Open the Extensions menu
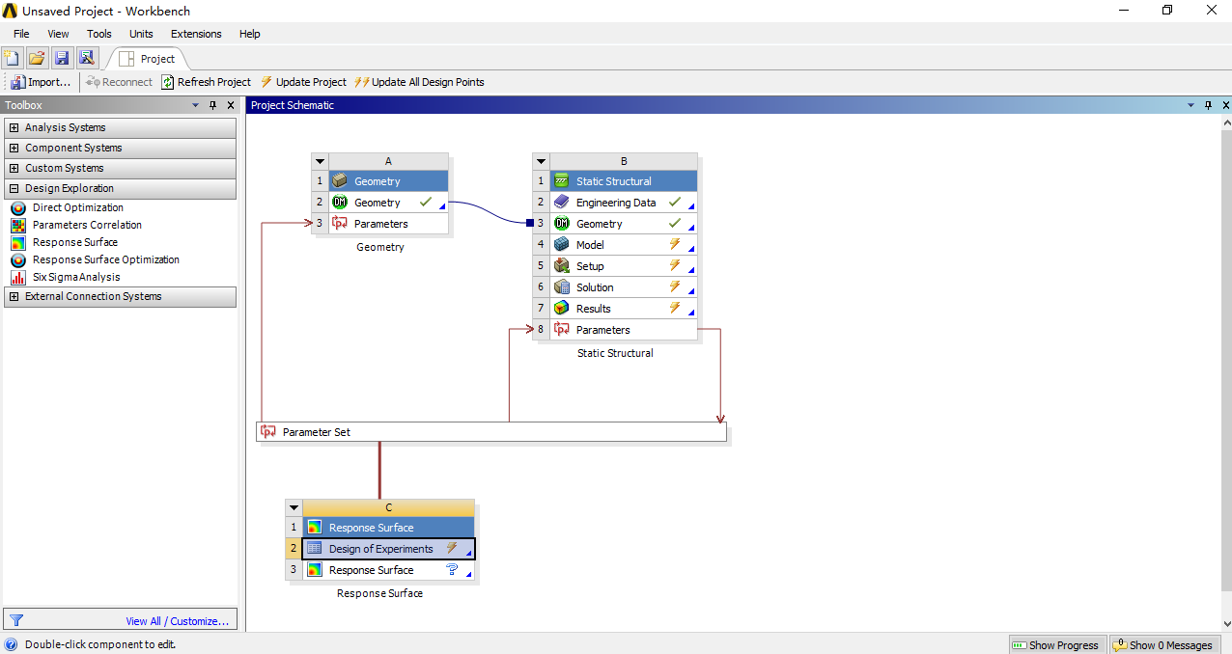[x=196, y=34]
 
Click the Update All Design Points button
[x=419, y=82]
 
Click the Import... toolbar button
[x=41, y=82]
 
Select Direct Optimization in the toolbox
[x=77, y=207]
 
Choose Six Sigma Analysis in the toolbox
[x=76, y=277]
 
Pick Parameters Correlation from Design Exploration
[x=87, y=225]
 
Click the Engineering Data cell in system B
[x=615, y=203]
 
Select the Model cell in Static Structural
[x=590, y=245]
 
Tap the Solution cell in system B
[x=595, y=287]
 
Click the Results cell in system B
[x=593, y=309]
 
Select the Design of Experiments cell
[x=380, y=549]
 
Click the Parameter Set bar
[x=490, y=432]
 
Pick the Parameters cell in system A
[x=380, y=224]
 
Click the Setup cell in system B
[x=590, y=266]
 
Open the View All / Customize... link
[x=177, y=621]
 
